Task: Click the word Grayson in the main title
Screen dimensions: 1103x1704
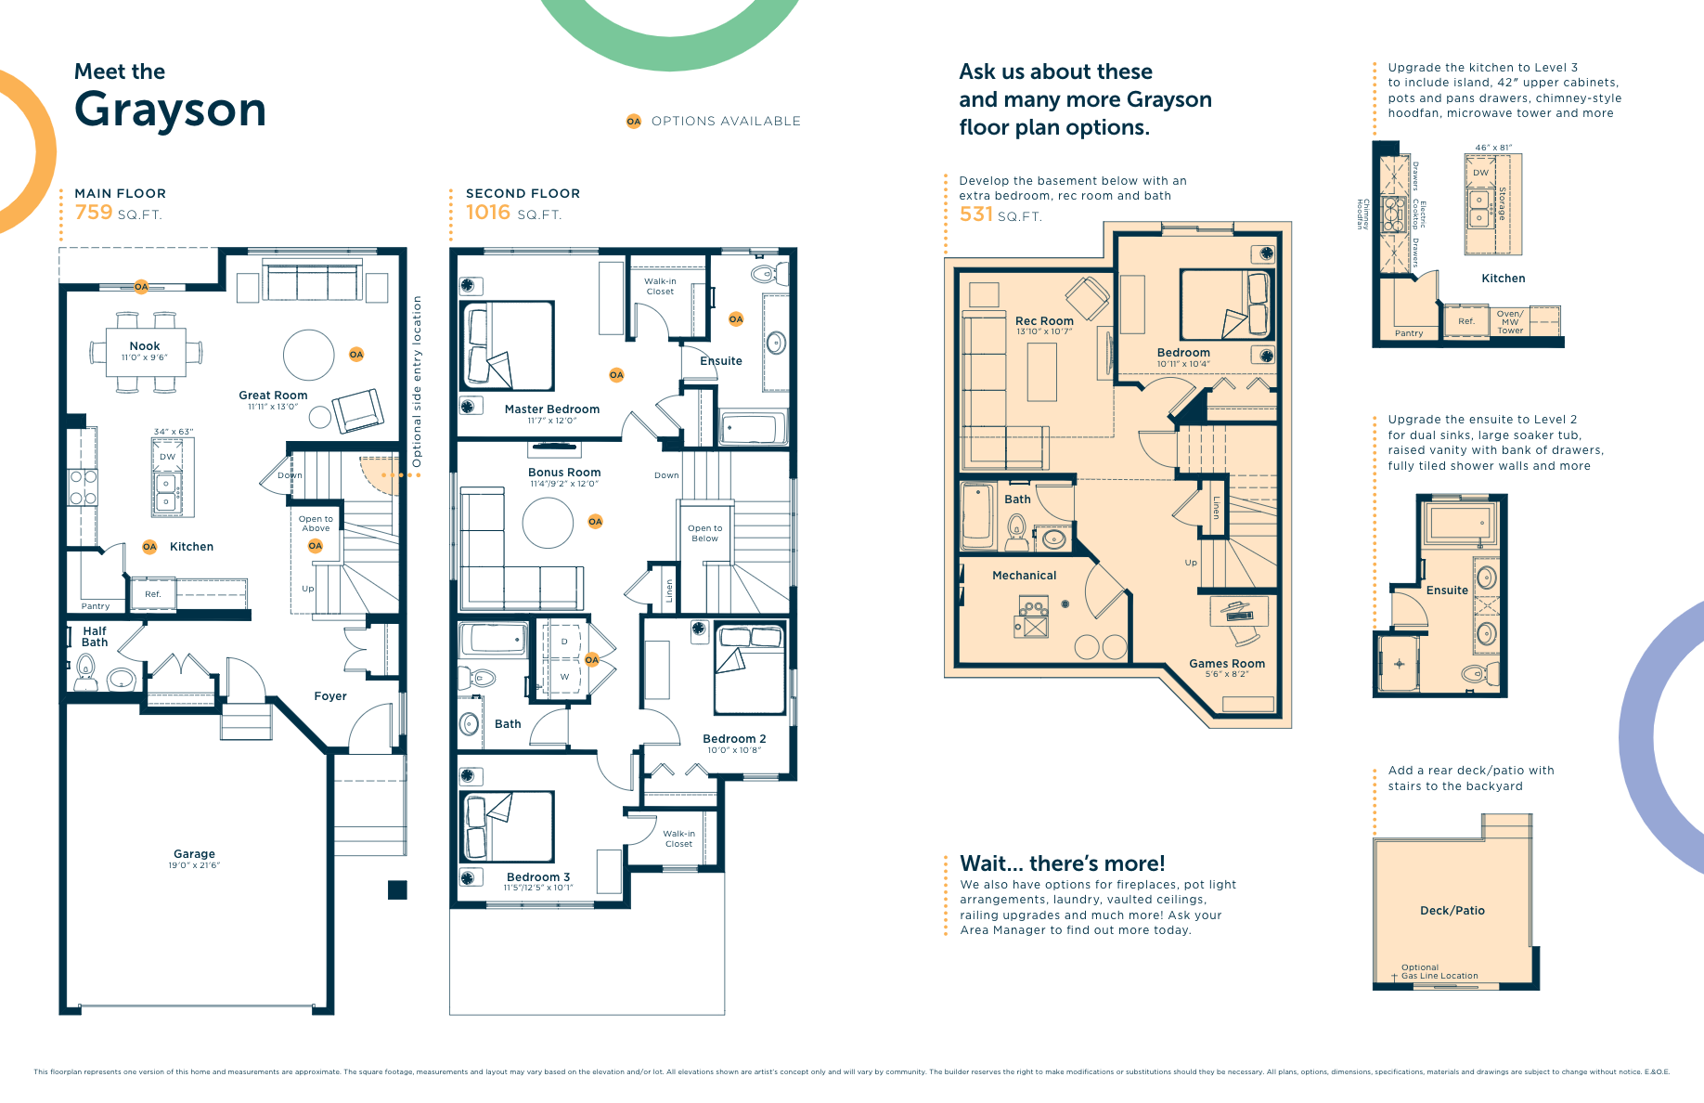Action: [x=170, y=110]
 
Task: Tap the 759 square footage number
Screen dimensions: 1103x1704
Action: [x=94, y=213]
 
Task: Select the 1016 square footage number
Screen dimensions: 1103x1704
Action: [x=488, y=213]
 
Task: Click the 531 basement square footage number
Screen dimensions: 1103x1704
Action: [x=975, y=214]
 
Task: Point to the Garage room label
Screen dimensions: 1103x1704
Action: [x=194, y=854]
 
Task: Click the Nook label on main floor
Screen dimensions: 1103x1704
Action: [x=145, y=346]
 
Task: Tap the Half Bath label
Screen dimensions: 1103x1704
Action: [x=95, y=637]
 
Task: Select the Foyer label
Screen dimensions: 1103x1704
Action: [x=330, y=696]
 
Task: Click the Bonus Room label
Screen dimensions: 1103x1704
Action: [x=564, y=473]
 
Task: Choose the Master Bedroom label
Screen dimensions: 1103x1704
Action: [x=552, y=409]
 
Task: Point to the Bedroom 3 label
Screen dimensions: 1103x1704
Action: [x=538, y=877]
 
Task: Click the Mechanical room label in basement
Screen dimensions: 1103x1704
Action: [x=1024, y=576]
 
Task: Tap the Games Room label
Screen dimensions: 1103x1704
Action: [x=1227, y=664]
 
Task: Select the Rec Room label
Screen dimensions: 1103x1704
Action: [x=1044, y=321]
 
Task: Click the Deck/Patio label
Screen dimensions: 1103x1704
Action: [x=1452, y=911]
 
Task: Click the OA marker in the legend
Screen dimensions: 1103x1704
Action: [x=634, y=122]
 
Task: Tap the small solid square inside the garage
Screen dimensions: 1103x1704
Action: [x=397, y=889]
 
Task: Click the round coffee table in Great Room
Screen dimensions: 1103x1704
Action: [x=308, y=355]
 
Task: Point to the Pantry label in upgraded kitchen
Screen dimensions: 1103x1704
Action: [x=1409, y=333]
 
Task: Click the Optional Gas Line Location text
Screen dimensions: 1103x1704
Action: [x=1439, y=971]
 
